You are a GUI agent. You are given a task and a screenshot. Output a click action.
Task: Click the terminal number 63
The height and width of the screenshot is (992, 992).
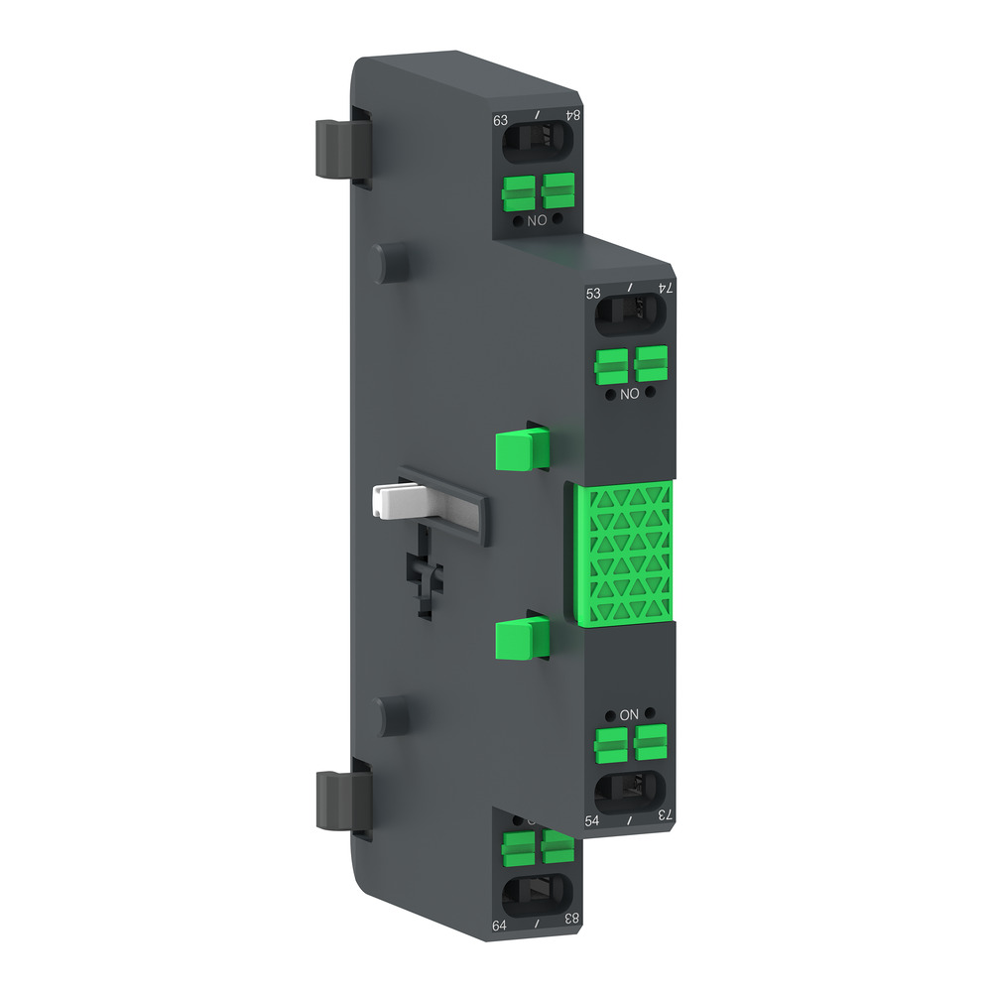tap(501, 121)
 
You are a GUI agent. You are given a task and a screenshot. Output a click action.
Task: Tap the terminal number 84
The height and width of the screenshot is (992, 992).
tap(572, 116)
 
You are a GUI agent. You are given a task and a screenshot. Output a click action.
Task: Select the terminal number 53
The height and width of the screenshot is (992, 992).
tap(594, 293)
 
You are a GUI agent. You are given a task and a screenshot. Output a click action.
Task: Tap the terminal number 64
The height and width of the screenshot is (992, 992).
tap(501, 926)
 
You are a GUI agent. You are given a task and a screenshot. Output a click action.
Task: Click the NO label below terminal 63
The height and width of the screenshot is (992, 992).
tap(537, 220)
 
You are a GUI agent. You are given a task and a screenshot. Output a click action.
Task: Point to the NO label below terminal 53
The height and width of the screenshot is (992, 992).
tap(629, 394)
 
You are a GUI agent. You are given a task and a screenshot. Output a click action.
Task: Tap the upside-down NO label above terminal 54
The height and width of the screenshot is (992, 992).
tap(629, 714)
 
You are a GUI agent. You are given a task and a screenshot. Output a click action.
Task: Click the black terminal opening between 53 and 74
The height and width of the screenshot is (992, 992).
tap(630, 316)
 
